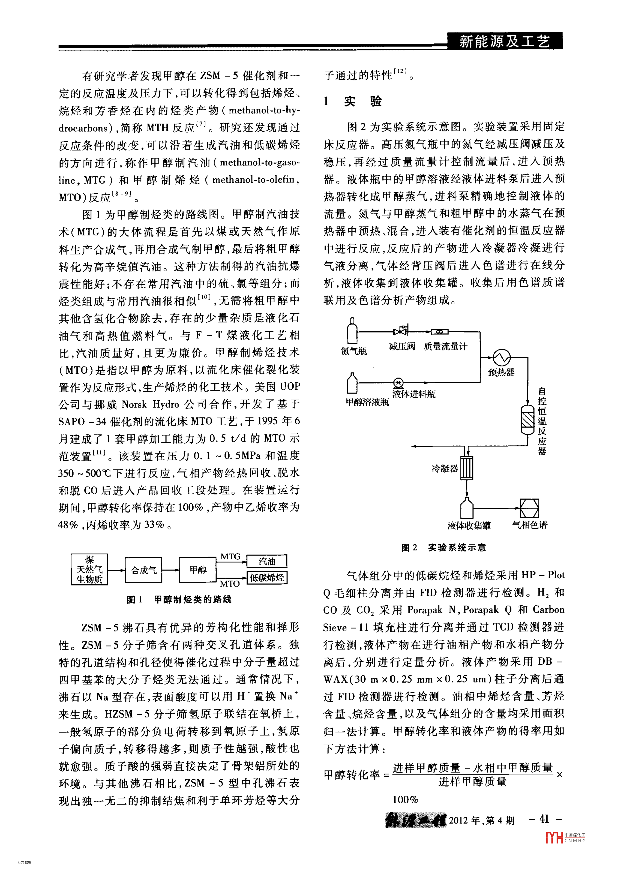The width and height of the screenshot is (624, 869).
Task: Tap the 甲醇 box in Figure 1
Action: tap(198, 570)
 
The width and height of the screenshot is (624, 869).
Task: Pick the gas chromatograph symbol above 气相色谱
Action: tap(529, 508)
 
